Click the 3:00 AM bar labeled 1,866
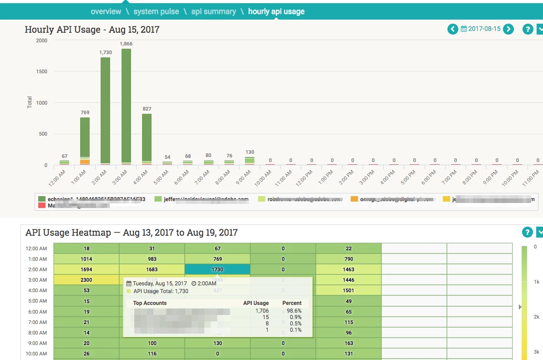point(126,106)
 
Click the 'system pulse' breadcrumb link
point(156,11)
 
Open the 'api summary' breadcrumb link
point(213,11)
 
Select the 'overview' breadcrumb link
point(106,11)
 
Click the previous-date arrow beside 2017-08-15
point(452,29)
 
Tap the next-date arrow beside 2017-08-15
point(508,29)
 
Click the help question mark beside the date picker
point(528,29)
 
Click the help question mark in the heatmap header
point(527,232)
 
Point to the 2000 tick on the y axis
point(41,41)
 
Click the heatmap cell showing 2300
point(86,280)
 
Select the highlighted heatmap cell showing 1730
point(218,269)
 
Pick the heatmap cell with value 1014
point(86,259)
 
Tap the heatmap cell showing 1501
point(349,290)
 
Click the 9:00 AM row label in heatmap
point(37,343)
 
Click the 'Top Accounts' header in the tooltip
point(150,303)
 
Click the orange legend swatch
point(354,199)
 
